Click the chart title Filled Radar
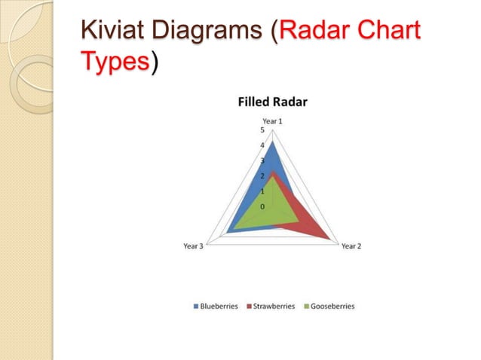tap(273, 102)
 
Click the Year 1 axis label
tap(273, 121)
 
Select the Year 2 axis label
tap(351, 246)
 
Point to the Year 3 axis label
tap(193, 246)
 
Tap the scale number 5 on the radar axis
tap(262, 130)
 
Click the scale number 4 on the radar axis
tap(262, 145)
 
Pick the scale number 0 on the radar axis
tap(262, 206)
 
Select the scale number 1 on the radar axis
tap(262, 191)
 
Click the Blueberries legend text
tap(219, 307)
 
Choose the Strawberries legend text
tap(274, 307)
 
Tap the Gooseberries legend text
tap(332, 307)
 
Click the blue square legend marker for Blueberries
tap(196, 307)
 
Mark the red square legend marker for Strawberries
tap(250, 307)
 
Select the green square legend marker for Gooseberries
tap(306, 307)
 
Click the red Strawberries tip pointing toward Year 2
tap(327, 237)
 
